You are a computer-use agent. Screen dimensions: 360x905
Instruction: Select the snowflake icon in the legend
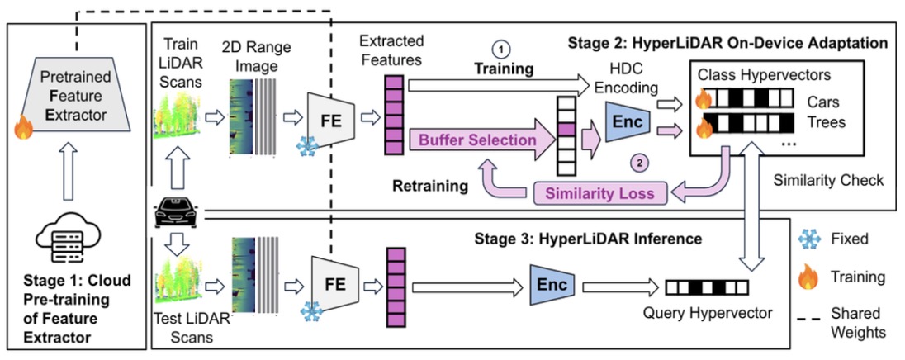tap(808, 239)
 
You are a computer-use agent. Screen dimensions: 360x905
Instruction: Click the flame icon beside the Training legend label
tap(808, 277)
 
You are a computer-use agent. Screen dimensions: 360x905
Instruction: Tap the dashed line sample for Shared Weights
tap(808, 314)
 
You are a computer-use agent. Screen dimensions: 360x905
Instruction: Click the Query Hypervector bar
tap(707, 287)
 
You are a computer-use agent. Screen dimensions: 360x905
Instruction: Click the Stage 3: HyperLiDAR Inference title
tap(587, 239)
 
